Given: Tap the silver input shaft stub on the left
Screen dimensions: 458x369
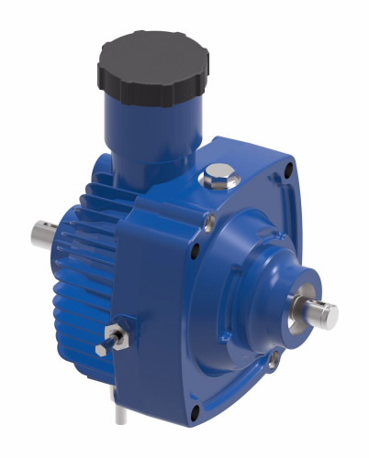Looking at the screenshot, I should click(x=42, y=234).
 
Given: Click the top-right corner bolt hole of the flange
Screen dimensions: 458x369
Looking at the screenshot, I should click(x=291, y=172).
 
